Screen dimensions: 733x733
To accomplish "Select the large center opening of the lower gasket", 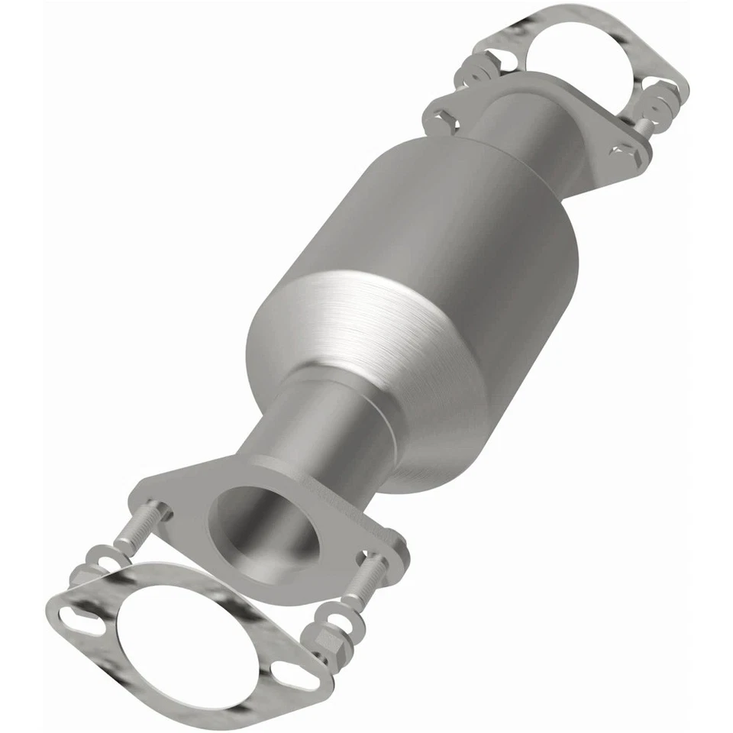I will [184, 638].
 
